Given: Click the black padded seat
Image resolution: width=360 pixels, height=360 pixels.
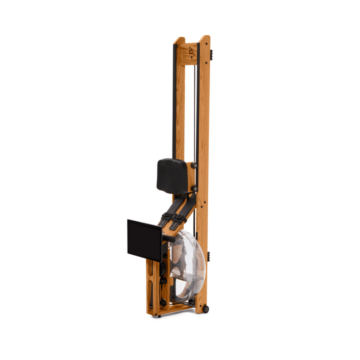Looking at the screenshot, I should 172,175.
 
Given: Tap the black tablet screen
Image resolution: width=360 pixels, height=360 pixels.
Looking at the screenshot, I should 144,239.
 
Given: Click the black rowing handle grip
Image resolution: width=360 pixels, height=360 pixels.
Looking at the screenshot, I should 169,238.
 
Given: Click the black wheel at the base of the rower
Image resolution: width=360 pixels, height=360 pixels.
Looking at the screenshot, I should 205,308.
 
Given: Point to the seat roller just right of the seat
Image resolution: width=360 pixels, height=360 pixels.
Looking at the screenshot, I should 194,165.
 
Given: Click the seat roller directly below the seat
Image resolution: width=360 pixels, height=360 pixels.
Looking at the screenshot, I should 193,188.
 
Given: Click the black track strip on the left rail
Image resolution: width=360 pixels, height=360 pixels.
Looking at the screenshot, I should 174,100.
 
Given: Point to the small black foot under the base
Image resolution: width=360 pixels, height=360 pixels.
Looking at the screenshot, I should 159,315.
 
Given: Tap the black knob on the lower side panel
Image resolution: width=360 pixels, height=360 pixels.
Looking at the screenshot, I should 163,280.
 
